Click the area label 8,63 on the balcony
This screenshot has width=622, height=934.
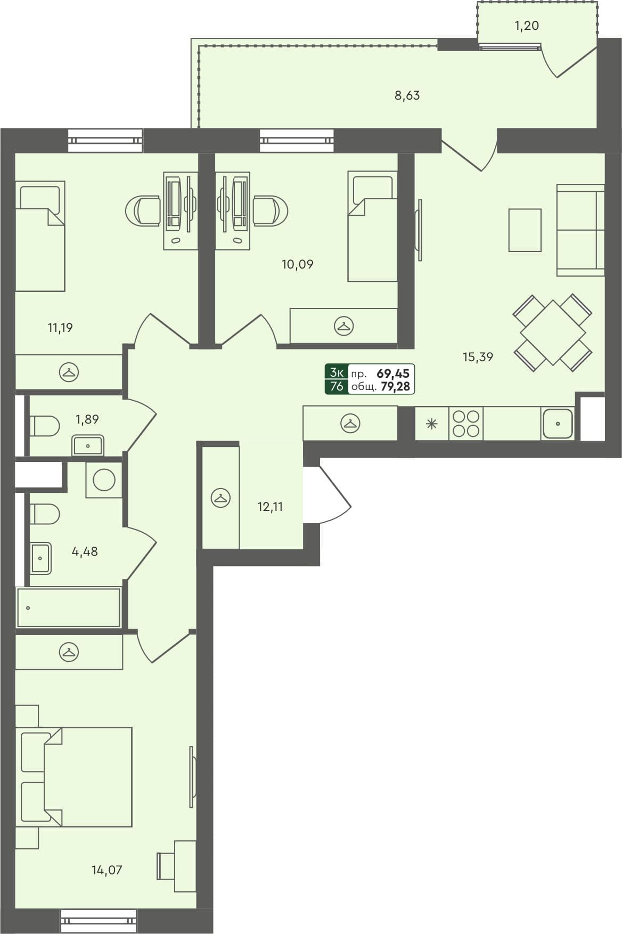point(407,96)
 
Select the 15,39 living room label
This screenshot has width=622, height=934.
point(478,358)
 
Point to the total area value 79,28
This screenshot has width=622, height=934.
point(396,387)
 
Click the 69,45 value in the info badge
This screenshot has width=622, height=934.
point(393,373)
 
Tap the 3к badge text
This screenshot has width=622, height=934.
point(337,372)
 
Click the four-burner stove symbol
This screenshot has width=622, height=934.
point(466,424)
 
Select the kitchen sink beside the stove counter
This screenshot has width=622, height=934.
point(558,424)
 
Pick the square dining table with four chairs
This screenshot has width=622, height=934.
point(553,332)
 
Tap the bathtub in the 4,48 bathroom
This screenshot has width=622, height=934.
point(68,607)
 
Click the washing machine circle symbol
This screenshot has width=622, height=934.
point(104,480)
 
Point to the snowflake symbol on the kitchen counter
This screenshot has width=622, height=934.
point(431,424)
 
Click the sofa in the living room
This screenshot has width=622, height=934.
point(580,230)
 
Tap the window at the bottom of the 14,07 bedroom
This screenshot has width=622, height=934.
point(99,920)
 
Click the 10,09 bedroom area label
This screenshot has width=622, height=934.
point(297,264)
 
